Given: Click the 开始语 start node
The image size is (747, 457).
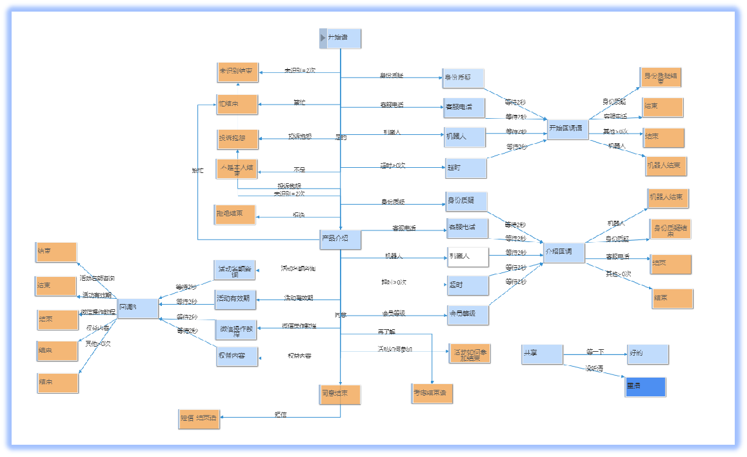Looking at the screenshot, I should click(x=341, y=38).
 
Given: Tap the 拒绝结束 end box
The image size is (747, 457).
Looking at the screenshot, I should click(x=235, y=214).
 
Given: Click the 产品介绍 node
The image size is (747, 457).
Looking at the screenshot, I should click(x=341, y=239).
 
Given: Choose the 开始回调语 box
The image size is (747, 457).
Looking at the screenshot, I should click(x=567, y=128).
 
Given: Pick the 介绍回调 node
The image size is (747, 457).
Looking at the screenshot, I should click(x=564, y=252).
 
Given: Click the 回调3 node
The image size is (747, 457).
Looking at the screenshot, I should click(x=137, y=308).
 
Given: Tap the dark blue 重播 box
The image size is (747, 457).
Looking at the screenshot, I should click(x=645, y=387).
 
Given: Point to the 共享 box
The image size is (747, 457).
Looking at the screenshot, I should click(x=543, y=354).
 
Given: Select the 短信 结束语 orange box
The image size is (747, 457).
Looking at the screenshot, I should click(x=199, y=418).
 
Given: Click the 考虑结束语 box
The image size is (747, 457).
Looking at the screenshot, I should click(x=432, y=393).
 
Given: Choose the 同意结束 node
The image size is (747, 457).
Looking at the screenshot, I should click(x=340, y=394).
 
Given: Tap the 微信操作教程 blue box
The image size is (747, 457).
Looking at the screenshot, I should click(x=236, y=329).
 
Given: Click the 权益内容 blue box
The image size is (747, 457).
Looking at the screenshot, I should click(x=237, y=356).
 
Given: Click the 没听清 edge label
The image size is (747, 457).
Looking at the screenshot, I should click(x=593, y=369).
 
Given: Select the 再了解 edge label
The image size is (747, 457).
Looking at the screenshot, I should click(x=386, y=331).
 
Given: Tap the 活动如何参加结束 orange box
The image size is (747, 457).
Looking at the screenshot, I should click(x=470, y=354).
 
